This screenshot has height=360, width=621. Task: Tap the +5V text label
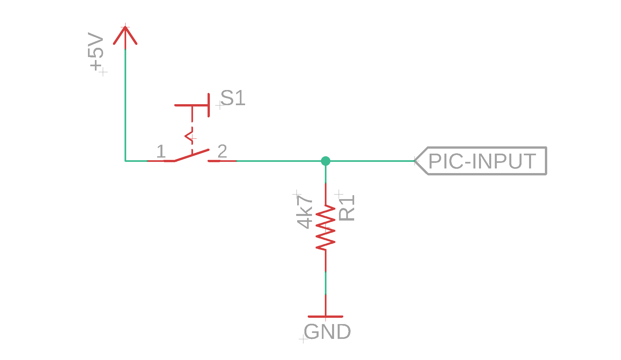(x=96, y=52)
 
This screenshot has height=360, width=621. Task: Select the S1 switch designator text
(x=233, y=98)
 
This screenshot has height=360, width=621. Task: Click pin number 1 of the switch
(x=161, y=151)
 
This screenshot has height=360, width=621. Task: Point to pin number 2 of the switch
(x=222, y=151)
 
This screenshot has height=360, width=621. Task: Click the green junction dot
(x=325, y=161)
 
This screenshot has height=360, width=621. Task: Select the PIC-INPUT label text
(x=482, y=161)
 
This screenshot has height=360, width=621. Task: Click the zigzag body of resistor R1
(x=325, y=227)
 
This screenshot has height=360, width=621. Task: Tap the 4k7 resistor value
(x=304, y=212)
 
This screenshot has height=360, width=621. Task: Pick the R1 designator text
(x=347, y=208)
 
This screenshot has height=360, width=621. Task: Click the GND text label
(x=327, y=332)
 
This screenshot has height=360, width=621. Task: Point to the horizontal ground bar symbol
(x=325, y=316)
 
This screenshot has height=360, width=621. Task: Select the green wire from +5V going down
(x=125, y=105)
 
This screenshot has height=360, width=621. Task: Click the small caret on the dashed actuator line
(x=189, y=135)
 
